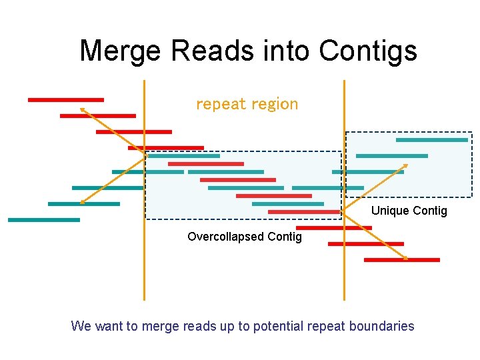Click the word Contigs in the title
(368, 51)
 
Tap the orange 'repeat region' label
(247, 104)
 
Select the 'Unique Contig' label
(409, 211)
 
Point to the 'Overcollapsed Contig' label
(244, 237)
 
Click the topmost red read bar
(65, 100)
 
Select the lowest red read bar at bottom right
(401, 259)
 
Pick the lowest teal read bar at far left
(43, 219)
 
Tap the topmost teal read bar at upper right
(431, 140)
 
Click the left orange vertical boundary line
(144, 267)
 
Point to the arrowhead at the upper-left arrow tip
(82, 109)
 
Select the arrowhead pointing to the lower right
(405, 257)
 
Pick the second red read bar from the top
(97, 116)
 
